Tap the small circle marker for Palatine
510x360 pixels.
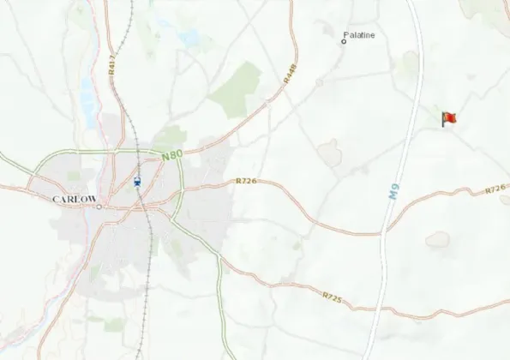tap(344, 40)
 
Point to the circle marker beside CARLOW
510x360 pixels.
tap(99, 207)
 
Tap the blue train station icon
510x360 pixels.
tap(138, 182)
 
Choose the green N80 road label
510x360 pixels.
tap(172, 157)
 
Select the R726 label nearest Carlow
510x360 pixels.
tap(246, 182)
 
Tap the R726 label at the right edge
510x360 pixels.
tap(495, 189)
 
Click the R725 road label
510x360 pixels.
tap(333, 297)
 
